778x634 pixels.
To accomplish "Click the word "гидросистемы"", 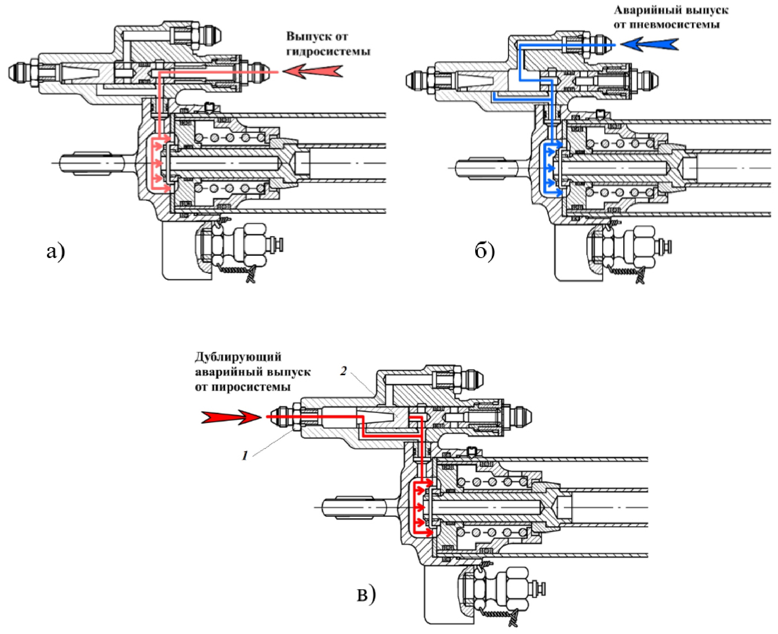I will coord(328,51).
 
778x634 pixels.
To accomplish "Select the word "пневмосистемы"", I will coord(667,25).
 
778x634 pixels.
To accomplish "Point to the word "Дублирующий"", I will coord(238,357).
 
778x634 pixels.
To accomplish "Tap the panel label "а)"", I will coord(56,251).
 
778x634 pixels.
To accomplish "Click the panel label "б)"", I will coord(485,251).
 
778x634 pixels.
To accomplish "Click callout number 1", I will coord(245,456).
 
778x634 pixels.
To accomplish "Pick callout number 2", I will coord(343,371).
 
